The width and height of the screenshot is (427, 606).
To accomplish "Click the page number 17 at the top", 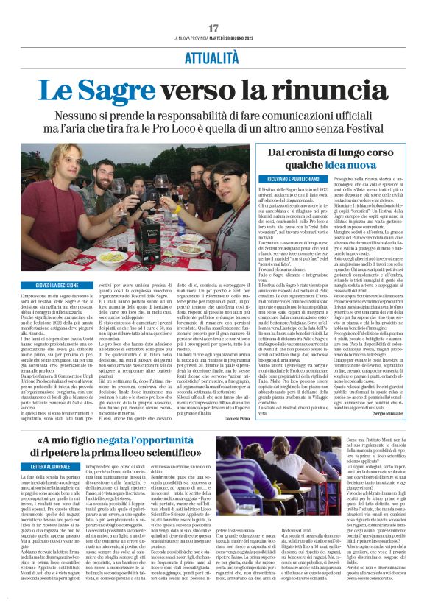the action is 213,27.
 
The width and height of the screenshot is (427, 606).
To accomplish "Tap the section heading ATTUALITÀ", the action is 213,57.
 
